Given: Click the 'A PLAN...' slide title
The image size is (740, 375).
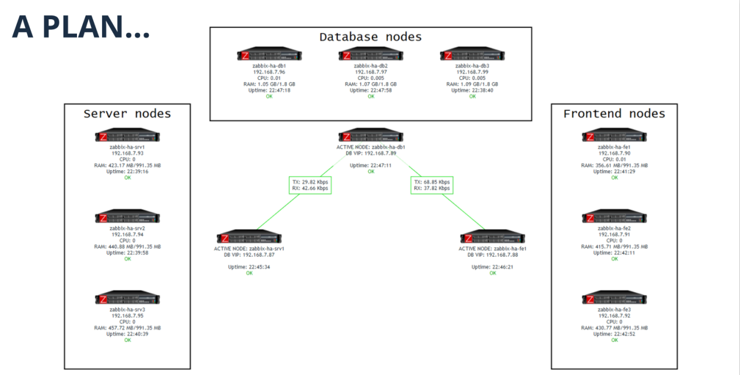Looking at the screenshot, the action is pyautogui.click(x=81, y=27).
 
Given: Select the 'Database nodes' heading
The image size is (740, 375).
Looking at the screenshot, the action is pyautogui.click(x=371, y=37).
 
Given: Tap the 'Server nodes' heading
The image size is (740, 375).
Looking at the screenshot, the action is pyautogui.click(x=127, y=113).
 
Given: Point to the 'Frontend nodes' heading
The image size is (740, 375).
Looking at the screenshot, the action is pyautogui.click(x=614, y=113).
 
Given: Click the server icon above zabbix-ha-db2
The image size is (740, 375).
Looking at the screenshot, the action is pyautogui.click(x=371, y=54).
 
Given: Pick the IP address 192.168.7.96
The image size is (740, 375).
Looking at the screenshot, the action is pyautogui.click(x=269, y=72).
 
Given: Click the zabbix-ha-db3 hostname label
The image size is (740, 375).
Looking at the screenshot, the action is pyautogui.click(x=472, y=66).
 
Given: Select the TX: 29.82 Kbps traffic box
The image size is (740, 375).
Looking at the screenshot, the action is pyautogui.click(x=310, y=185).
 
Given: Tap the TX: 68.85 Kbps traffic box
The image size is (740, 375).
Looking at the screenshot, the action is pyautogui.click(x=432, y=185).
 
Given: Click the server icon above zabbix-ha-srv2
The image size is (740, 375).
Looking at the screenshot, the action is pyautogui.click(x=127, y=216).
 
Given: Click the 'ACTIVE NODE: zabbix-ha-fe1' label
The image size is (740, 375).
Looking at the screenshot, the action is pyautogui.click(x=492, y=248).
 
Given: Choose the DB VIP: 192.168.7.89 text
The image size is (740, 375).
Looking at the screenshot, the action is pyautogui.click(x=371, y=153).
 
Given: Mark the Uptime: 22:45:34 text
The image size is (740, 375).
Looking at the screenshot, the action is pyautogui.click(x=249, y=267).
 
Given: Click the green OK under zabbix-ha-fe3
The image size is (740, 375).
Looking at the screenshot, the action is pyautogui.click(x=614, y=340).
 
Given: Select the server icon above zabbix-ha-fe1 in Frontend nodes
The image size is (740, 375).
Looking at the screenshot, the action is pyautogui.click(x=614, y=135).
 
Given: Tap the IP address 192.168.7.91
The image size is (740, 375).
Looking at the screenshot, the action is pyautogui.click(x=614, y=234).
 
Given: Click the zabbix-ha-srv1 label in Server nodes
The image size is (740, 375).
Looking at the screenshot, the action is pyautogui.click(x=127, y=147).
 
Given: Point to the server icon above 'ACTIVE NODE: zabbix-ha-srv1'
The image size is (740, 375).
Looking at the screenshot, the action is pyautogui.click(x=249, y=237).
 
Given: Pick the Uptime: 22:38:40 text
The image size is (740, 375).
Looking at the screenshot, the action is pyautogui.click(x=472, y=90).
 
